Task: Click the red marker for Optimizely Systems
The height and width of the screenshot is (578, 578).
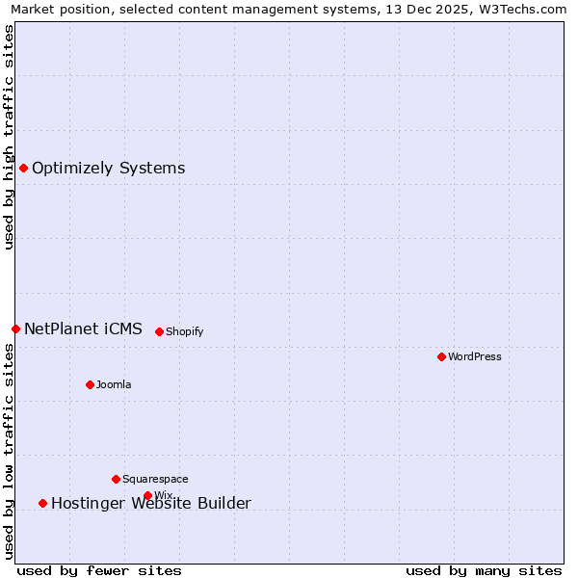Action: (23, 169)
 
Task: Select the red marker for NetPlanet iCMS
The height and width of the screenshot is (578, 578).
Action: (15, 329)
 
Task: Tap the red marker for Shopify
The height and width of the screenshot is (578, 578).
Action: (159, 331)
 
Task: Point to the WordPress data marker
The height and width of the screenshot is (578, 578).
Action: (441, 356)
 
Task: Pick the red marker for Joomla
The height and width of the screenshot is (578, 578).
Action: (90, 384)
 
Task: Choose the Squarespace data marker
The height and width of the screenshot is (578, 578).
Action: (116, 479)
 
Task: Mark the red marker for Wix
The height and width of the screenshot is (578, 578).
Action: (147, 495)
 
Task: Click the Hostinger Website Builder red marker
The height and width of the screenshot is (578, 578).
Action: (42, 503)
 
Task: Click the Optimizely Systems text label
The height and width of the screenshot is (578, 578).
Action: (108, 169)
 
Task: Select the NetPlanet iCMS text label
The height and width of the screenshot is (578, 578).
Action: (83, 329)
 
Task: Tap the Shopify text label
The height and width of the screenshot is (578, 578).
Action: (184, 331)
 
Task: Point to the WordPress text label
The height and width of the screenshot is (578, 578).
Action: (474, 356)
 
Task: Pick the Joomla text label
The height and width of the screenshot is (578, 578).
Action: (114, 384)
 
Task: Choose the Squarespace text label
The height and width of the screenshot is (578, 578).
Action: (155, 479)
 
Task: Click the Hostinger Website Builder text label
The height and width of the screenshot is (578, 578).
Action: (150, 503)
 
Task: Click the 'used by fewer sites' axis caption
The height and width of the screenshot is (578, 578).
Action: (99, 570)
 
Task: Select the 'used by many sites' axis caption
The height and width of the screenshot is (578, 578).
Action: (484, 570)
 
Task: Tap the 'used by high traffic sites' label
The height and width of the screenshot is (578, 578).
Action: (9, 137)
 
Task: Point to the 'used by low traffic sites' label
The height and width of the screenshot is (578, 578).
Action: (9, 451)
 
